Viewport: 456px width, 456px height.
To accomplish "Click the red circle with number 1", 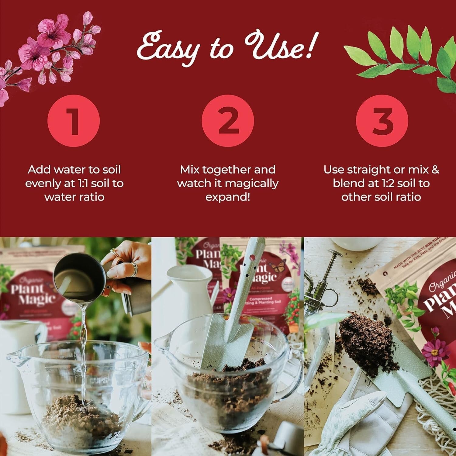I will point(74,121).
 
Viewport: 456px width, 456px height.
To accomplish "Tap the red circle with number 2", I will point(228,121).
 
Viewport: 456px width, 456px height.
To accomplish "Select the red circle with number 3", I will point(382,121).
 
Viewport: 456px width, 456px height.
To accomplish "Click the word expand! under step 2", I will point(228,197).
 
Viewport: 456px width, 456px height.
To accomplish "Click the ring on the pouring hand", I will point(134,269).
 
